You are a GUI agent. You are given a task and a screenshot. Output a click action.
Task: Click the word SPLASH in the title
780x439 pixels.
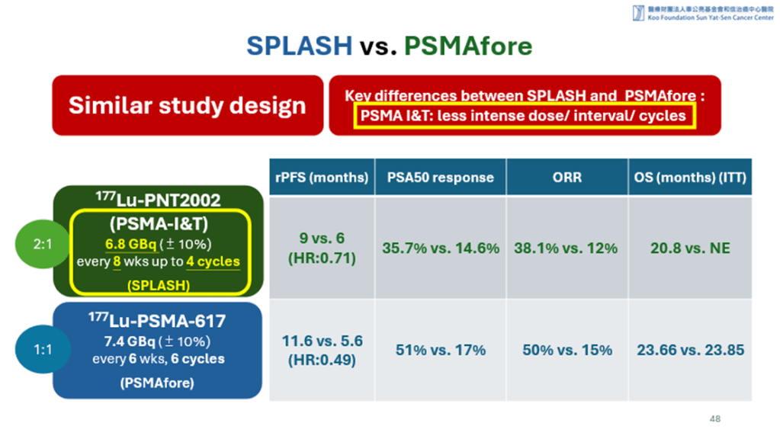coord(299,46)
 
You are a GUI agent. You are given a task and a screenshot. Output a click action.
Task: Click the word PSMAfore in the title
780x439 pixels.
coord(467,46)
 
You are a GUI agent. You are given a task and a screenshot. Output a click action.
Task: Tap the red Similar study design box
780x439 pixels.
coord(187,105)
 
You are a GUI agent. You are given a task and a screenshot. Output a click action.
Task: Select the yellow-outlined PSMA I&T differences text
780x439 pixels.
coord(523,117)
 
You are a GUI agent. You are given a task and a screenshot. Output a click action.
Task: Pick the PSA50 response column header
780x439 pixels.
coord(440,178)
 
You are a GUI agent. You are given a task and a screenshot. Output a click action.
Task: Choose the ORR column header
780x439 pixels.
coord(567,178)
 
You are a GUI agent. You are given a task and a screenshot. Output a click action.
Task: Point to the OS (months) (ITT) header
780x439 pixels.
coord(690,178)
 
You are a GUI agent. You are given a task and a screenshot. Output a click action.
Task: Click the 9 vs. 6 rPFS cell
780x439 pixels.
coord(321,248)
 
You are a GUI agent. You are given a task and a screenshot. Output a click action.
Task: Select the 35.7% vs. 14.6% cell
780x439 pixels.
coord(440,248)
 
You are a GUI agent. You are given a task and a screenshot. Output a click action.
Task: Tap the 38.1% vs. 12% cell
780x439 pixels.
coord(567,248)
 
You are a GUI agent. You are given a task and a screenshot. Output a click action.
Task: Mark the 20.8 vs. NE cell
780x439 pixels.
coord(690,248)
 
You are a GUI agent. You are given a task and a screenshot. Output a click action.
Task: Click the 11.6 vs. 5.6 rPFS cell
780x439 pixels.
coord(321,351)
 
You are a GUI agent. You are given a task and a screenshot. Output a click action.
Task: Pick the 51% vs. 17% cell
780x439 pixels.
coord(440,351)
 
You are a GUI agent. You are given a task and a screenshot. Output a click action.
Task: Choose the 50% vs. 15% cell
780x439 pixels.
coord(567,351)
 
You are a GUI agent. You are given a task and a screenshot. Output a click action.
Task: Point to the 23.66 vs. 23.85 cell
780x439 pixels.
coord(690,351)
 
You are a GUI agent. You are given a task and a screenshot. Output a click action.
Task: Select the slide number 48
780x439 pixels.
coord(714,419)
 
